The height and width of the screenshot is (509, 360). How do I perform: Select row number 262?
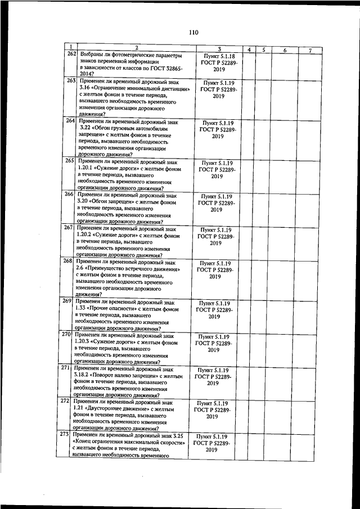tap(71, 54)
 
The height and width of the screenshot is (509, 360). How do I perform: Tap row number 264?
tap(71, 120)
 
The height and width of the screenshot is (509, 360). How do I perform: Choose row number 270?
tap(65, 335)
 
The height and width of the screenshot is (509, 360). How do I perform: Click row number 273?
tap(65, 435)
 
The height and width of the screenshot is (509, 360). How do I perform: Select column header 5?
tap(263, 50)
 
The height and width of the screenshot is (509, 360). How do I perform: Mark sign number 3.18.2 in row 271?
tap(83, 376)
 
